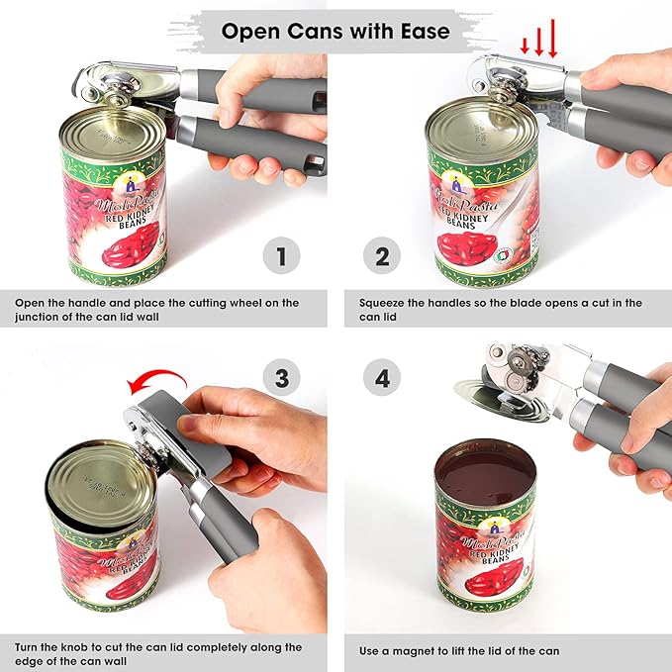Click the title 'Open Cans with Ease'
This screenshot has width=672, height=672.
pos(336,31)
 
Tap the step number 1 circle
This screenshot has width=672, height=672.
pos(281,258)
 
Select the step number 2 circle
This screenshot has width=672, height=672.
pos(382,258)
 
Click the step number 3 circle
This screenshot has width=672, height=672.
pos(281,377)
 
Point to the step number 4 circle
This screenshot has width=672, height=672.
pos(382,377)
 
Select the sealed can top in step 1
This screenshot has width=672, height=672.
pos(109,129)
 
